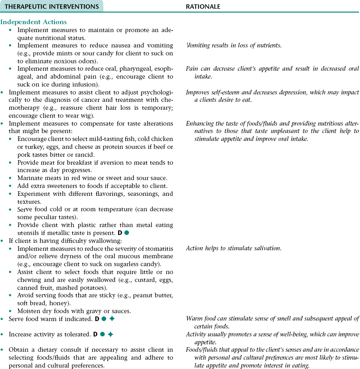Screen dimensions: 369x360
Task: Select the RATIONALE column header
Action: click(x=203, y=7)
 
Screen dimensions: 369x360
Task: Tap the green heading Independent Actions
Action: click(x=34, y=22)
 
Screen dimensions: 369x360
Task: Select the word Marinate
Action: click(x=30, y=178)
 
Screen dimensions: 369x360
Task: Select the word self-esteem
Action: click(x=225, y=92)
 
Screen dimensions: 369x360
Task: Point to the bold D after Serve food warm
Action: click(x=96, y=319)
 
